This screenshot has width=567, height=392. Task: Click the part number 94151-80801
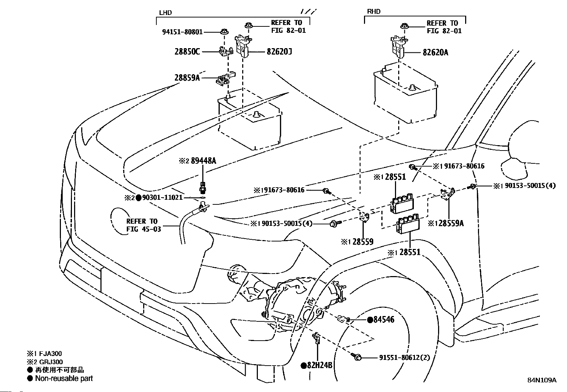[x=182, y=32]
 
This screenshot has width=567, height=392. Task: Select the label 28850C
[x=187, y=52]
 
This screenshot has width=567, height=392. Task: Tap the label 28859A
[x=187, y=77]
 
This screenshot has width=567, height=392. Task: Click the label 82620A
[x=435, y=52]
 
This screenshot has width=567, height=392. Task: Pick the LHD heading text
[x=165, y=13]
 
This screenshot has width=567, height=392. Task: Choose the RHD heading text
[x=374, y=12]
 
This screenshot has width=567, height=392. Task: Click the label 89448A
[x=203, y=161]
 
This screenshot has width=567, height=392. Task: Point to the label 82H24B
[x=319, y=365]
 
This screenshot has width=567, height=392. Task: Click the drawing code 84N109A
[x=542, y=380]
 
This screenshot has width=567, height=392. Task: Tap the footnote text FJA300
[x=50, y=354]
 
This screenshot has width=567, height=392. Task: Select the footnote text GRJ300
[x=50, y=362]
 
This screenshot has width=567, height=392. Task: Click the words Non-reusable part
[x=64, y=378]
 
